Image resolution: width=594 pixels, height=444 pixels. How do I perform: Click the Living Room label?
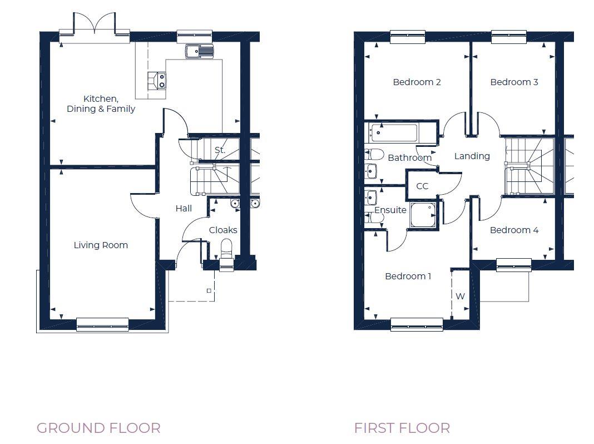[101, 245]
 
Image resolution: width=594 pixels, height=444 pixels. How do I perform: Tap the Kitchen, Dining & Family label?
[101, 104]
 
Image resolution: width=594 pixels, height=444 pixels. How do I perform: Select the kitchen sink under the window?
[199, 51]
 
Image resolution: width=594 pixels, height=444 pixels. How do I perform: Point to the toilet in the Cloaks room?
[226, 246]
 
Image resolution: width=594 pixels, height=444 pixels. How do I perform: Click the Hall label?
[184, 208]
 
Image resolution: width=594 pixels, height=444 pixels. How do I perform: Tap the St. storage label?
[220, 150]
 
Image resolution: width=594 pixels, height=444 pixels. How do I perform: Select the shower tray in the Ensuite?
[424, 215]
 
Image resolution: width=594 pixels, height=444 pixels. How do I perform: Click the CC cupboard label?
[422, 186]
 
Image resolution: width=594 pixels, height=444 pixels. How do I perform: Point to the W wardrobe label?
[460, 296]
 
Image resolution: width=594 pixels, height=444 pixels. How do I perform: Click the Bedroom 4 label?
[514, 230]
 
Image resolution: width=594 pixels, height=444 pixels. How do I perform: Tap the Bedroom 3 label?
[514, 82]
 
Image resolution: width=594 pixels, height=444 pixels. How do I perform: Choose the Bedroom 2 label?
[417, 82]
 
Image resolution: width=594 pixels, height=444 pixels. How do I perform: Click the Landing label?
[472, 156]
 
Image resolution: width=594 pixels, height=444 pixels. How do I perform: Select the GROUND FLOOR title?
[98, 428]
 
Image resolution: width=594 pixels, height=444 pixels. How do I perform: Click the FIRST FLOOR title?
[402, 428]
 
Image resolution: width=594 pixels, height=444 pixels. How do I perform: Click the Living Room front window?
[102, 324]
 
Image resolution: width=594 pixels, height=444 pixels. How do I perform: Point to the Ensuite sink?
[371, 198]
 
